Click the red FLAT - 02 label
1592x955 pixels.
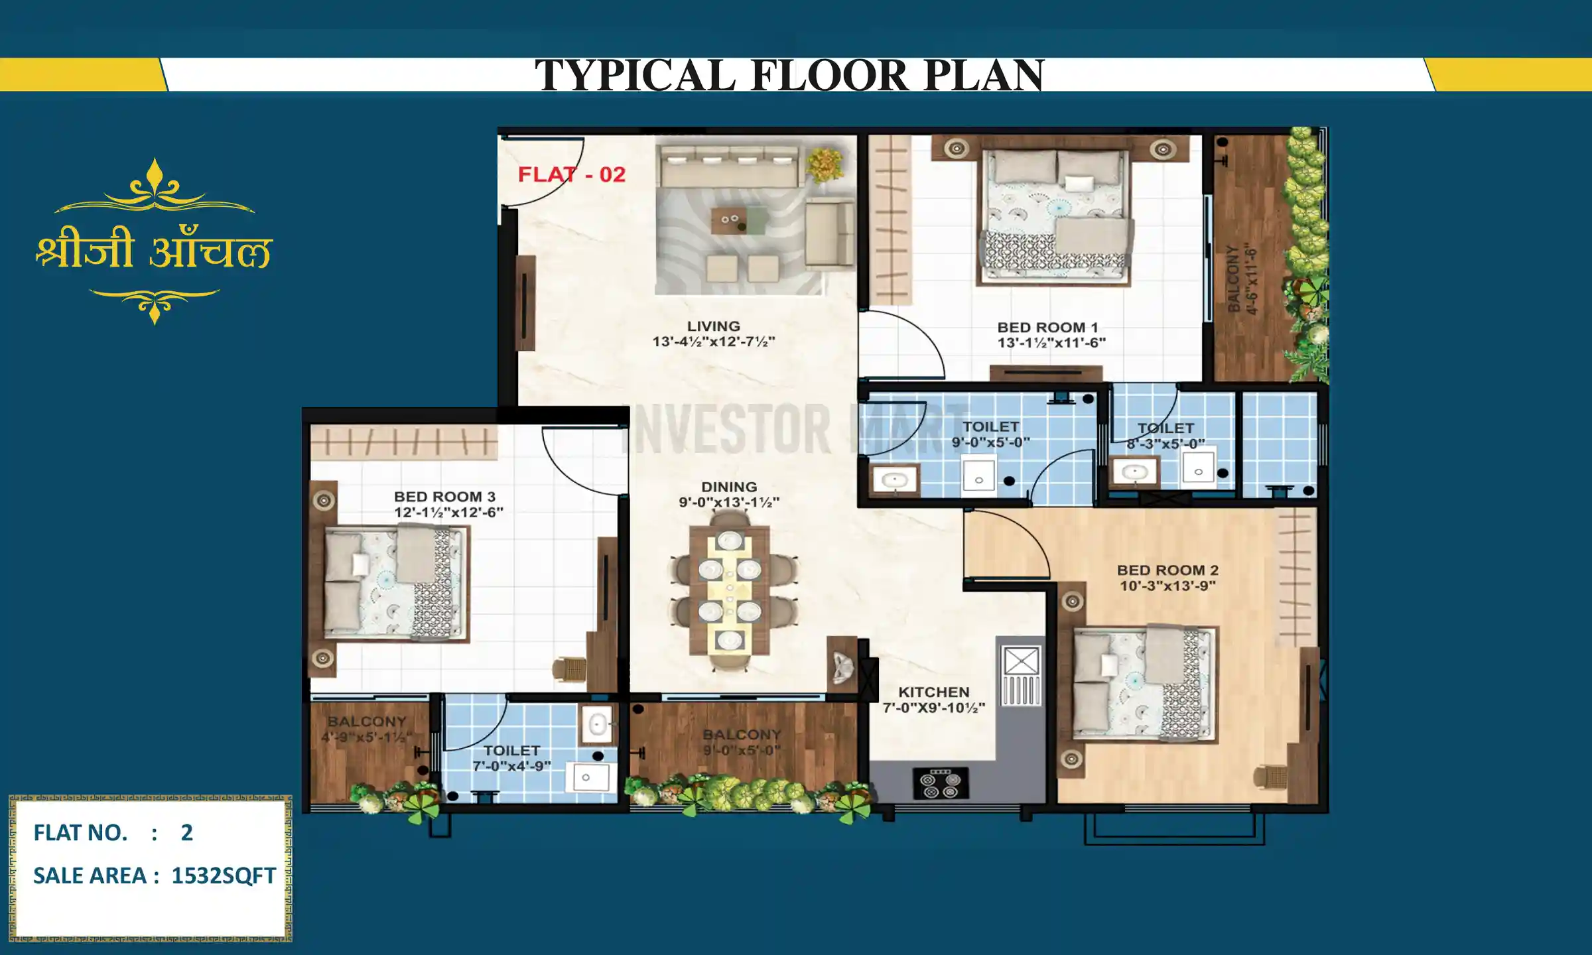click(572, 174)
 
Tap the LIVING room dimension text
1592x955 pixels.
click(714, 342)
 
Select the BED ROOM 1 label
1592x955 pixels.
click(1048, 328)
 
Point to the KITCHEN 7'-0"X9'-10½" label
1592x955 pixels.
click(933, 700)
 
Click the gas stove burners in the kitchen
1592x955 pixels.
click(941, 783)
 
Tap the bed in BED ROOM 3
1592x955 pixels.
click(395, 584)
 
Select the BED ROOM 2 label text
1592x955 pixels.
click(1167, 570)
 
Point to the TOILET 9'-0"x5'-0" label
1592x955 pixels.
click(990, 434)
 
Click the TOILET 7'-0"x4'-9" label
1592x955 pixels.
click(511, 758)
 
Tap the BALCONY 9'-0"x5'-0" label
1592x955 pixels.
click(742, 742)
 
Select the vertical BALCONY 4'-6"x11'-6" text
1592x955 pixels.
click(1242, 279)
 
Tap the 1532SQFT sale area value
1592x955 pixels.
click(224, 876)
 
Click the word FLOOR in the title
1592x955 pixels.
click(829, 75)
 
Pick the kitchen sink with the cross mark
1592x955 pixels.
click(1021, 661)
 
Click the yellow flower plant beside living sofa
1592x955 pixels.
click(825, 163)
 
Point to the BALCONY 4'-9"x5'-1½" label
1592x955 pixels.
click(366, 729)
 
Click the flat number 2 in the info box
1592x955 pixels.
click(187, 833)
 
